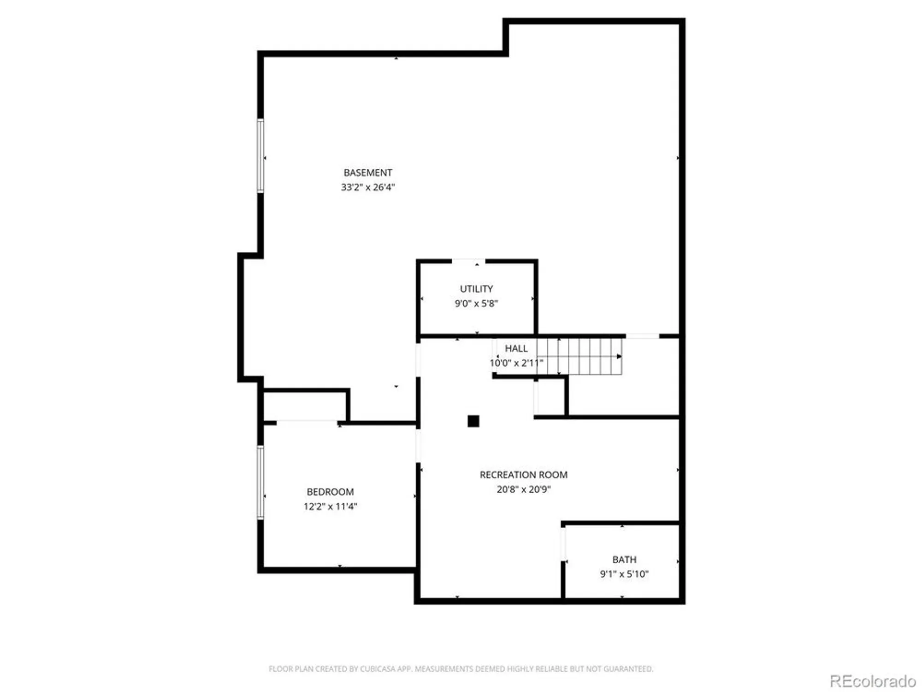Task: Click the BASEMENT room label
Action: pos(367,173)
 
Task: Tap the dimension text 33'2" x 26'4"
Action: pos(367,187)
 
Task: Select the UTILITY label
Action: pos(476,289)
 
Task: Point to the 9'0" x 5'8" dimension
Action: pos(476,303)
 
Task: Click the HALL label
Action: pos(516,348)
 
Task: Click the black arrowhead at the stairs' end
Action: pos(619,356)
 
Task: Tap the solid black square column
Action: pos(473,421)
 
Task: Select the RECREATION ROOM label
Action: pos(523,475)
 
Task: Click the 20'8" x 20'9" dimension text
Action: pos(523,489)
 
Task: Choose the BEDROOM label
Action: pos(330,492)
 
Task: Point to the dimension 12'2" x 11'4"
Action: pos(330,506)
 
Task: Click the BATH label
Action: pos(624,560)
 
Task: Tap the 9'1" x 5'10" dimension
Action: pos(624,574)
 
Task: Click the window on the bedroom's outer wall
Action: pos(260,482)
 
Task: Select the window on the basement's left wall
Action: pos(260,155)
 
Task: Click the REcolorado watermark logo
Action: pos(872,681)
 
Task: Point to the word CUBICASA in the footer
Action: pos(378,668)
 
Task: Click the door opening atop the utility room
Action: pos(468,261)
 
